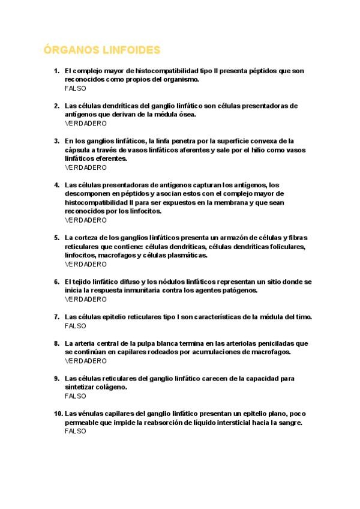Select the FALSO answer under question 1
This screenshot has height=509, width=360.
75,88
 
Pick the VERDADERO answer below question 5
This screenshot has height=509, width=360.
85,264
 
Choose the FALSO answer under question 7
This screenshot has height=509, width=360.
75,326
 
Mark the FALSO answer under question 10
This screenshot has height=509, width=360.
75,431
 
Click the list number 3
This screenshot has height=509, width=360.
57,141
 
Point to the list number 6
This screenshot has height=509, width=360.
57,282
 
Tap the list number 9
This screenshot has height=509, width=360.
57,378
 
